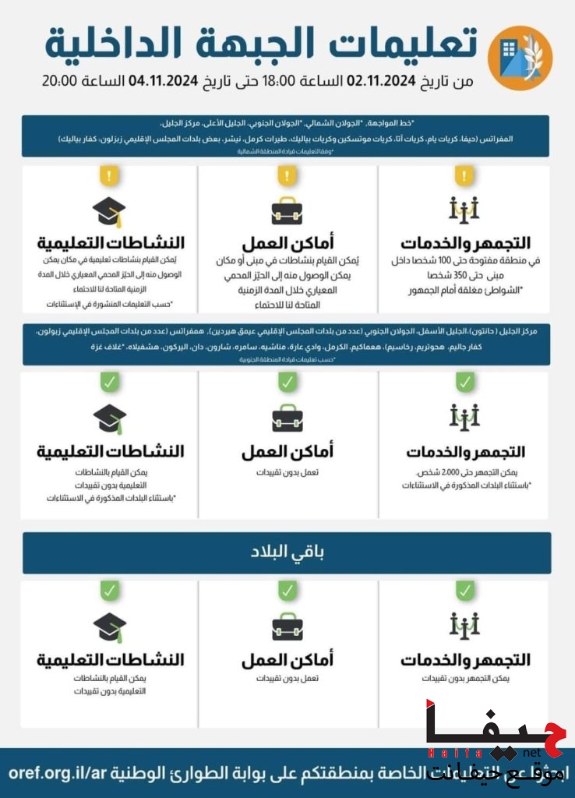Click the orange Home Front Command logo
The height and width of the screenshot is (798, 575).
point(520,53)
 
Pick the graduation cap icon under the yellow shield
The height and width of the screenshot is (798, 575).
point(109,210)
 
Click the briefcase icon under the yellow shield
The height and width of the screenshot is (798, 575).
point(287,210)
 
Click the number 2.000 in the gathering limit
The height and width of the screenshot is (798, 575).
point(457,472)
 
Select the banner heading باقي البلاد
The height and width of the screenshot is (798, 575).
point(287,553)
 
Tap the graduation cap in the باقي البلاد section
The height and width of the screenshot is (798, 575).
point(109,626)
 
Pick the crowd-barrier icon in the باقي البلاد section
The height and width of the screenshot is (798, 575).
point(464,624)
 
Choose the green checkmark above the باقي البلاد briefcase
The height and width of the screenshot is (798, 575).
point(287,591)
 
